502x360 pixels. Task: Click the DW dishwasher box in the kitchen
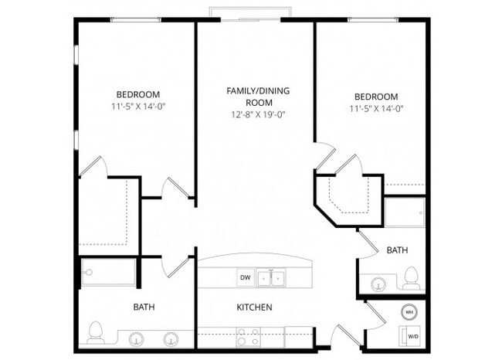(x=245, y=277)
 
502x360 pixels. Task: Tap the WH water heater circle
(x=409, y=313)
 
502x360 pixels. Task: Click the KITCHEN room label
(x=254, y=307)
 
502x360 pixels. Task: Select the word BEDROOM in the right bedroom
(x=375, y=97)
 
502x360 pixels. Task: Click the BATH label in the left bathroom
(x=144, y=307)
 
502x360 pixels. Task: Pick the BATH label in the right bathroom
(x=397, y=250)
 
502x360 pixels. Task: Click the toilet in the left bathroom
(x=96, y=331)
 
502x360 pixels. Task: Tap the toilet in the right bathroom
(x=411, y=277)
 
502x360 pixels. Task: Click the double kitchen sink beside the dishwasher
(x=273, y=277)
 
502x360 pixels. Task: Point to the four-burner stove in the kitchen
(x=247, y=336)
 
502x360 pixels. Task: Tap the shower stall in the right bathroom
(x=404, y=212)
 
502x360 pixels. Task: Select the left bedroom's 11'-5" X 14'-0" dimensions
(x=138, y=107)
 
